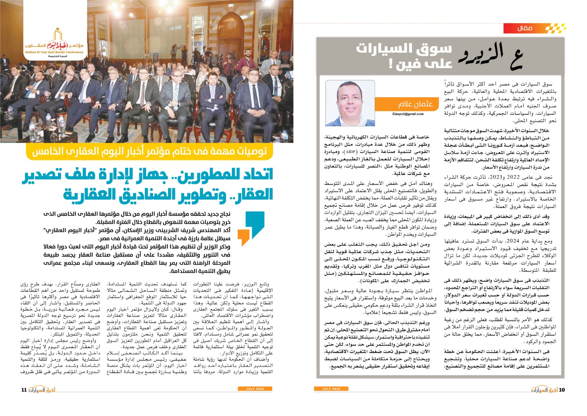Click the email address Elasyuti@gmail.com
click(x=408, y=114)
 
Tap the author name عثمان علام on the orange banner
click(x=415, y=104)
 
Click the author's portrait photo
click(x=350, y=103)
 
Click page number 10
click(x=562, y=390)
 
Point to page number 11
click(x=24, y=390)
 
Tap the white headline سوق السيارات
click(x=404, y=48)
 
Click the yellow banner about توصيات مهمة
click(x=150, y=152)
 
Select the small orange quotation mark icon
click(x=243, y=237)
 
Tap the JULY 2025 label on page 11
click(x=255, y=389)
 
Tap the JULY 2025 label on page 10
click(x=331, y=389)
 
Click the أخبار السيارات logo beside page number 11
click(x=42, y=390)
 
